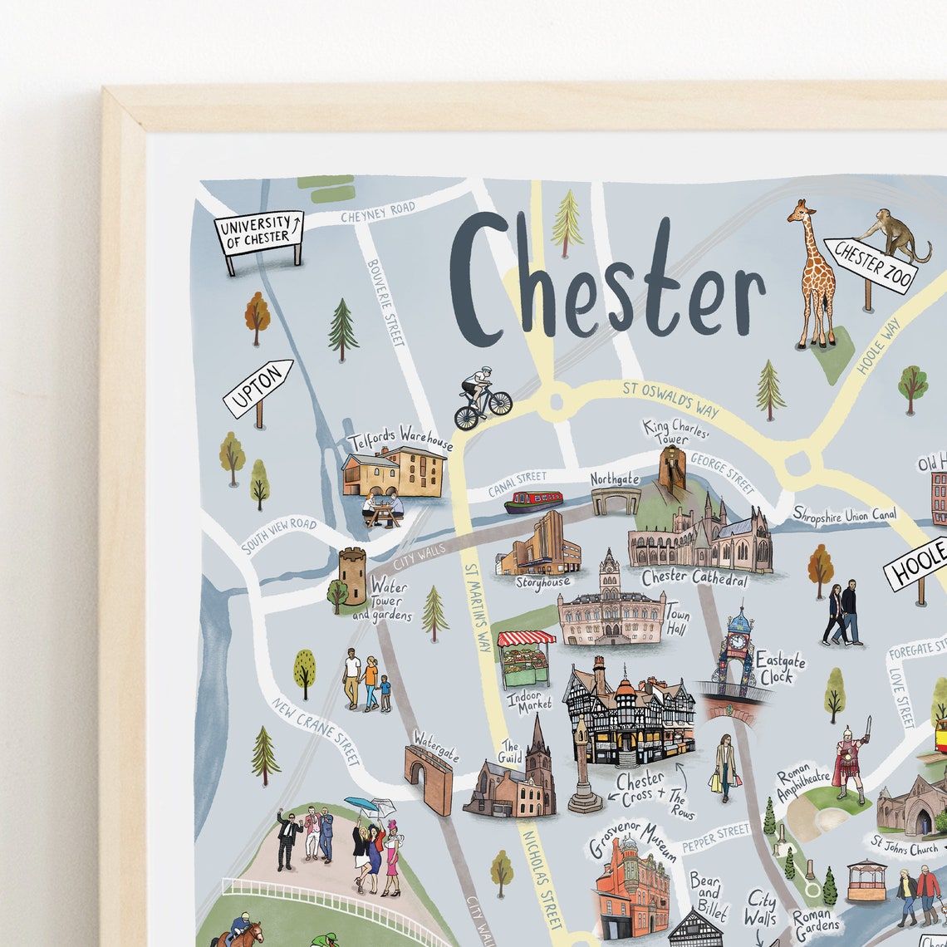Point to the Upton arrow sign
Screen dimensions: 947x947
(x=258, y=388)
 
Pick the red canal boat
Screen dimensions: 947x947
(x=533, y=502)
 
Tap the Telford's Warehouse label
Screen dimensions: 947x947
(x=400, y=437)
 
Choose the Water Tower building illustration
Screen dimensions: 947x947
(x=352, y=575)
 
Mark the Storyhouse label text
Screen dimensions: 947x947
(x=542, y=583)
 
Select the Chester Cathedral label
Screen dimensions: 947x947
(x=694, y=578)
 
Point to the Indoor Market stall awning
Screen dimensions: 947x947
(x=526, y=638)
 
